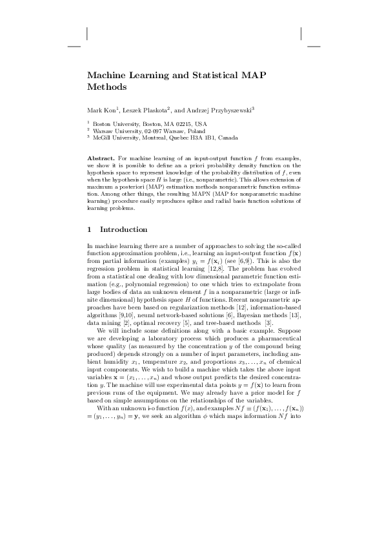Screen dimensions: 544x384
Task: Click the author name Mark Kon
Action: (x=101, y=109)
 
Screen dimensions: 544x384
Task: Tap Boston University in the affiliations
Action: (x=117, y=123)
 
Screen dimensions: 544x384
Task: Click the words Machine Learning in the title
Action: (x=125, y=74)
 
